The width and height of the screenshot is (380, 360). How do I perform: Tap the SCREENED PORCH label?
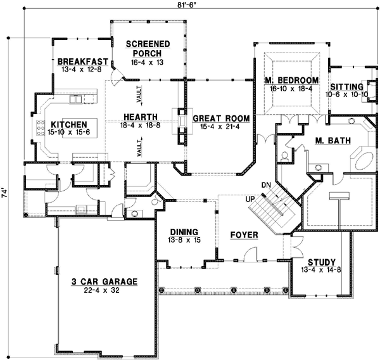pyautogui.click(x=147, y=48)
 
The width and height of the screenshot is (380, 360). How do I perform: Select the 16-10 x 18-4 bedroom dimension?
pyautogui.click(x=292, y=89)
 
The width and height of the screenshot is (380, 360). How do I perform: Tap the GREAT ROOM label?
pyautogui.click(x=221, y=118)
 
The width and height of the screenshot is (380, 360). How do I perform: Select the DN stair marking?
pyautogui.click(x=266, y=184)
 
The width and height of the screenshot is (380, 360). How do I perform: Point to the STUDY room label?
pyautogui.click(x=322, y=262)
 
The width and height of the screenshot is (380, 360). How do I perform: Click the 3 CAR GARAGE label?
pyautogui.click(x=105, y=281)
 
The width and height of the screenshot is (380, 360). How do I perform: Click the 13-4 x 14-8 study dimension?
pyautogui.click(x=322, y=270)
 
